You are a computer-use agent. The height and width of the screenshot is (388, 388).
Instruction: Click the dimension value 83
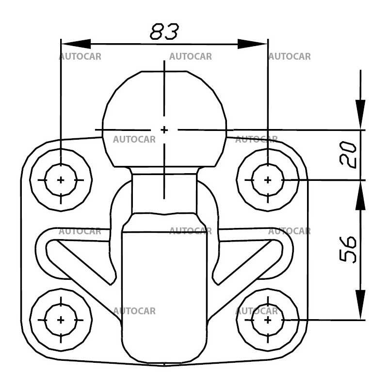click(x=164, y=32)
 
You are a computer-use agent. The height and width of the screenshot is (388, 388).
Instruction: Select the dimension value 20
click(x=349, y=155)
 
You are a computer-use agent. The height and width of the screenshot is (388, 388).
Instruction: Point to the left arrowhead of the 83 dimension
click(x=76, y=44)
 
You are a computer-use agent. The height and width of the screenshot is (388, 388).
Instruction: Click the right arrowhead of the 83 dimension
click(x=252, y=44)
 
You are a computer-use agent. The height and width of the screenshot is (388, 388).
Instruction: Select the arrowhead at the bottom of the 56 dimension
click(x=360, y=305)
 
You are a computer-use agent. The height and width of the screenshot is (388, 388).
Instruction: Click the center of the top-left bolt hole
click(x=61, y=180)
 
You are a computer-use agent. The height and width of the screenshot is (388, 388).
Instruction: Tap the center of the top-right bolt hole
click(x=268, y=180)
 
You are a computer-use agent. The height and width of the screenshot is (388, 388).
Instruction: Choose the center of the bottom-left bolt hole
click(x=61, y=320)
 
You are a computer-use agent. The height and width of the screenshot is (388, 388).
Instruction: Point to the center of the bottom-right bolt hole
click(x=268, y=320)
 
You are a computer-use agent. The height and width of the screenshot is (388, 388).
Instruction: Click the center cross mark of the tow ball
click(x=164, y=130)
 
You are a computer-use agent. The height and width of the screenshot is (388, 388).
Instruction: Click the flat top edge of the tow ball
click(x=164, y=71)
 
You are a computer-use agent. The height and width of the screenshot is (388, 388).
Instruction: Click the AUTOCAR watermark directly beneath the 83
click(x=191, y=56)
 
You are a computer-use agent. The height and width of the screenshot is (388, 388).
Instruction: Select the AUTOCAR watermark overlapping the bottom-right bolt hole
click(x=257, y=311)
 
